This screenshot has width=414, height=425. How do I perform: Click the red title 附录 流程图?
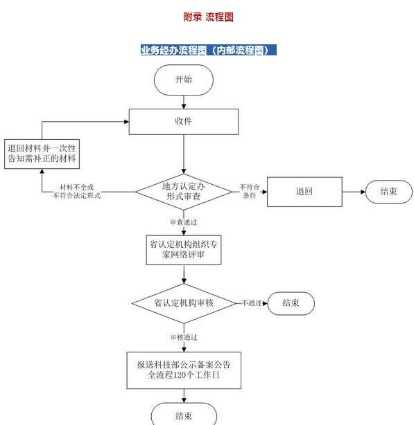[x=208, y=17]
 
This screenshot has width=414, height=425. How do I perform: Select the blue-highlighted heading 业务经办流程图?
[x=173, y=50]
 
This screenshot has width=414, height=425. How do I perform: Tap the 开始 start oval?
[x=184, y=80]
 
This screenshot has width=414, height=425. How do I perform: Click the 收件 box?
[x=184, y=122]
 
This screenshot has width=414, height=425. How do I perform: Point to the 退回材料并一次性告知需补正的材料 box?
[x=42, y=154]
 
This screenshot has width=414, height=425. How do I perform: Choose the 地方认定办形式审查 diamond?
[x=184, y=192]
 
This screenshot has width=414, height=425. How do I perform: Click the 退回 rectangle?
[x=304, y=192]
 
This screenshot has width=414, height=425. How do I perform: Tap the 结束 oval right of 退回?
[x=389, y=192]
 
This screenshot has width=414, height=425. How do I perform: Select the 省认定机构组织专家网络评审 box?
[x=184, y=250]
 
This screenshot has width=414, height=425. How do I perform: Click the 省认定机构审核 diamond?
[x=184, y=303]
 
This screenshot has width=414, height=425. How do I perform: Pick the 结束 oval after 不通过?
[x=291, y=303]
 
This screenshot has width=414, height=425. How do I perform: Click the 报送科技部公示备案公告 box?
[x=184, y=370]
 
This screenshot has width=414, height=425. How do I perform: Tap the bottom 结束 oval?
[x=184, y=415]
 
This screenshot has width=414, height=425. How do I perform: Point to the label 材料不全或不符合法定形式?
[x=77, y=191]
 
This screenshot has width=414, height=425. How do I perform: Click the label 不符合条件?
[x=250, y=191]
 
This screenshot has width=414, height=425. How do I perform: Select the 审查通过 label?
[x=184, y=222]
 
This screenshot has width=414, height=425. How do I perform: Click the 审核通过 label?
[x=184, y=338]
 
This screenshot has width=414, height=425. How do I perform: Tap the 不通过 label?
[x=252, y=303]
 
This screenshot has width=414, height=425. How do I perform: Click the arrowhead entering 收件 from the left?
[x=126, y=122]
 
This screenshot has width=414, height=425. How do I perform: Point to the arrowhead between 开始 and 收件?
[x=184, y=107]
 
